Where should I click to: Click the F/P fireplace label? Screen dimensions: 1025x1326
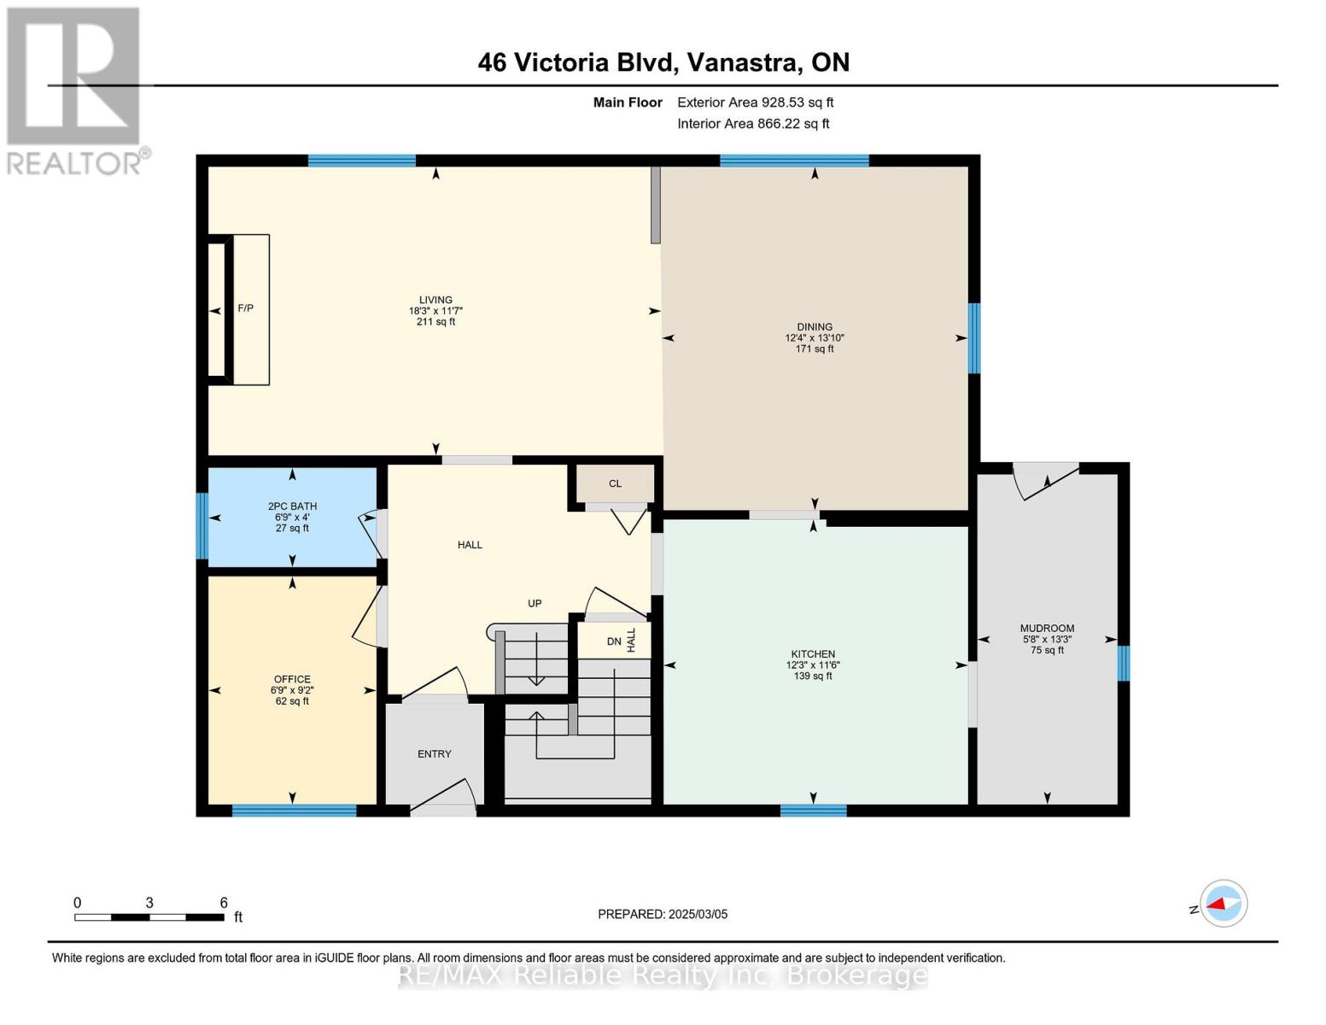245,308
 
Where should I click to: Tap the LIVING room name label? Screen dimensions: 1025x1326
435,300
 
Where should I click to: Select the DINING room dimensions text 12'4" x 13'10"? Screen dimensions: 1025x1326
815,338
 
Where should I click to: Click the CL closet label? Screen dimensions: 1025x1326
615,483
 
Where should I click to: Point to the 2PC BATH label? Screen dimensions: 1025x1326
292,507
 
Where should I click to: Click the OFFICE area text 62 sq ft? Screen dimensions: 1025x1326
292,701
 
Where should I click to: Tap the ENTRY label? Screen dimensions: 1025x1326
435,754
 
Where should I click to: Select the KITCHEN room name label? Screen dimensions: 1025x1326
812,654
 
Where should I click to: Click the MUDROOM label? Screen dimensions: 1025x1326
1047,629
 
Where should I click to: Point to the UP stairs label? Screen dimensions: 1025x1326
534,604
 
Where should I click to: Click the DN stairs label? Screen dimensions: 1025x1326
614,641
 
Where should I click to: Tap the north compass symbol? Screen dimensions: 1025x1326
1223,904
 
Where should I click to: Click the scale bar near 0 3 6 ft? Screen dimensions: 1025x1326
149,917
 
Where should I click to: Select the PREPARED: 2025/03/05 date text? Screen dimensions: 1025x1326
663,915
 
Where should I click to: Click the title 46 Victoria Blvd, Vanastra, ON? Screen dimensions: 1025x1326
663,62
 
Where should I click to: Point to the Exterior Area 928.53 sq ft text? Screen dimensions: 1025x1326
755,102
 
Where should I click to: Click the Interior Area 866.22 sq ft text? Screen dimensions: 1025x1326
753,124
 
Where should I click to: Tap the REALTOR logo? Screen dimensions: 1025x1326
75,90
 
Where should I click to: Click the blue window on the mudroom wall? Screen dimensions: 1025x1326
1124,664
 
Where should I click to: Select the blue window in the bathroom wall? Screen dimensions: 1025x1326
202,526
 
